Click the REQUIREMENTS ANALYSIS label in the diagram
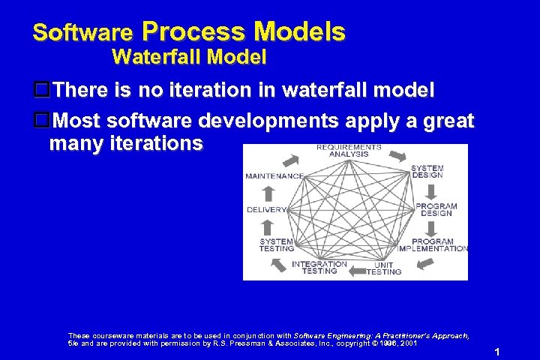coord(348,151)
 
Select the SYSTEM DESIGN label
coord(427,172)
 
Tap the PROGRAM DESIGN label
coord(436,209)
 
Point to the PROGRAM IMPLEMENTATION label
coord(433,245)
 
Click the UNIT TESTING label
coord(384,268)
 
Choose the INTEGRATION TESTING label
coord(319,268)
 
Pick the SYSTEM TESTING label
coord(276,245)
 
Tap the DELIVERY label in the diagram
coord(266,209)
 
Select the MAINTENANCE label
coord(274,176)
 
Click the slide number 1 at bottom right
coord(496,352)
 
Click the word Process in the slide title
coord(193,31)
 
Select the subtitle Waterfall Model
coord(189,56)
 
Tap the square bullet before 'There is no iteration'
coord(42,91)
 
